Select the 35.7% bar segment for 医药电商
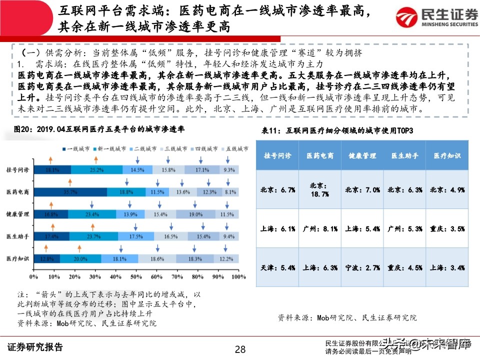tap(72, 192)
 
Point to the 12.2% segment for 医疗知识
tap(226, 258)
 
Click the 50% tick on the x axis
tap(135, 276)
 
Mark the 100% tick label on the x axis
tap(238, 276)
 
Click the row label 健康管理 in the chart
tap(18, 214)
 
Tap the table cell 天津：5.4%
tap(277, 267)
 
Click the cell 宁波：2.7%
tap(362, 267)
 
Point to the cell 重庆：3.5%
tap(447, 228)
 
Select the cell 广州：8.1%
tap(320, 228)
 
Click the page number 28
tap(240, 348)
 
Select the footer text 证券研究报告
tap(35, 347)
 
